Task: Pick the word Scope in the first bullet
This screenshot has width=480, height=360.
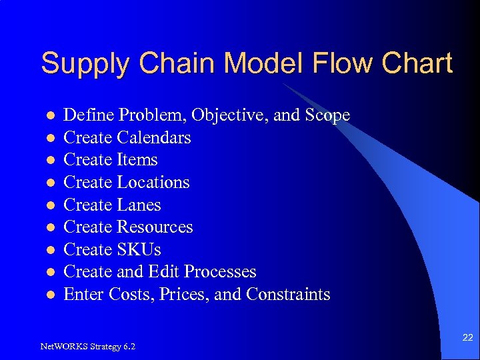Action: pos(327,115)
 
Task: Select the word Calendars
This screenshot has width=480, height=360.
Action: pos(154,138)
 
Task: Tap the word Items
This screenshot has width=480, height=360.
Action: pos(137,160)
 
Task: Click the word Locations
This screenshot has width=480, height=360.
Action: pos(153,183)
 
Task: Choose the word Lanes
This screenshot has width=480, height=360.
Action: pos(139,205)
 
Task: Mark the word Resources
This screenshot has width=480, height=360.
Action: pos(155,227)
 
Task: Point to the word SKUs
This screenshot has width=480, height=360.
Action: pos(139,250)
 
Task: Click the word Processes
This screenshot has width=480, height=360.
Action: pos(220,272)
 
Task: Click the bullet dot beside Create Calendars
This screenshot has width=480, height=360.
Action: pos(49,139)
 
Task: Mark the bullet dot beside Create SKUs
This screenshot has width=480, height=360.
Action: pos(49,251)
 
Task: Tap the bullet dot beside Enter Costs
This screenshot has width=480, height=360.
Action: pos(49,295)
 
